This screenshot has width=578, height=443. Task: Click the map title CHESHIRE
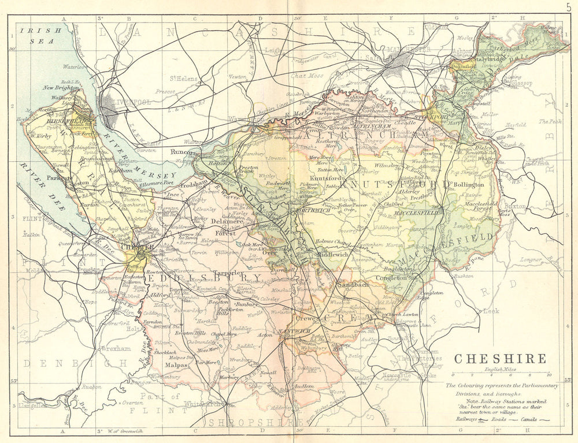[500, 359]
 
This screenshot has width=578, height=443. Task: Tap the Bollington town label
[469, 184]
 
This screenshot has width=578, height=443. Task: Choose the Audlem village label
[304, 386]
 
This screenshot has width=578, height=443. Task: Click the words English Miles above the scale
[501, 369]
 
